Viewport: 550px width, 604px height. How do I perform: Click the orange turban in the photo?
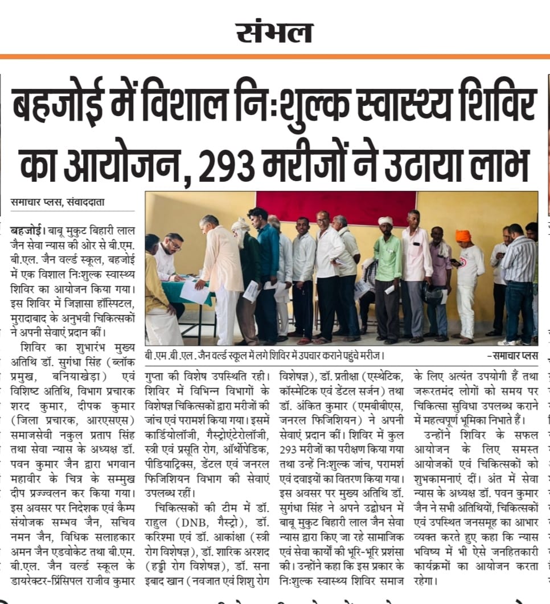pyautogui.click(x=463, y=235)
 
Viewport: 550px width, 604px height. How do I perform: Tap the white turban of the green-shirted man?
pyautogui.click(x=386, y=221)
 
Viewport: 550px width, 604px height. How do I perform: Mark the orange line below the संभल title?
pyautogui.click(x=275, y=56)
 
